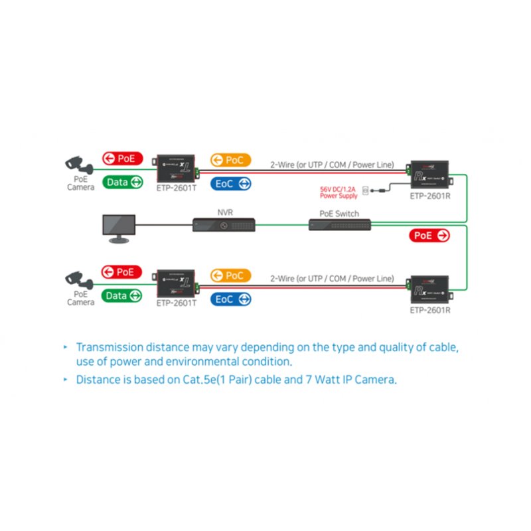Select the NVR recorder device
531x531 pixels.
[x=225, y=225]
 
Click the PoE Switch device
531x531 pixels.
[x=340, y=225]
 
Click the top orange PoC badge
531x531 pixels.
[x=230, y=160]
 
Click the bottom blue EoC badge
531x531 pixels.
[x=230, y=299]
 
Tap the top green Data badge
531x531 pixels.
[x=122, y=182]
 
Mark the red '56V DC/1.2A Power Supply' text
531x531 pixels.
[x=339, y=192]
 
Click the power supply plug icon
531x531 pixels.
[x=366, y=191]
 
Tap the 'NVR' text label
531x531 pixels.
[x=225, y=212]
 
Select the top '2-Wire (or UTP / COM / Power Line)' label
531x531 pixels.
[x=332, y=164]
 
